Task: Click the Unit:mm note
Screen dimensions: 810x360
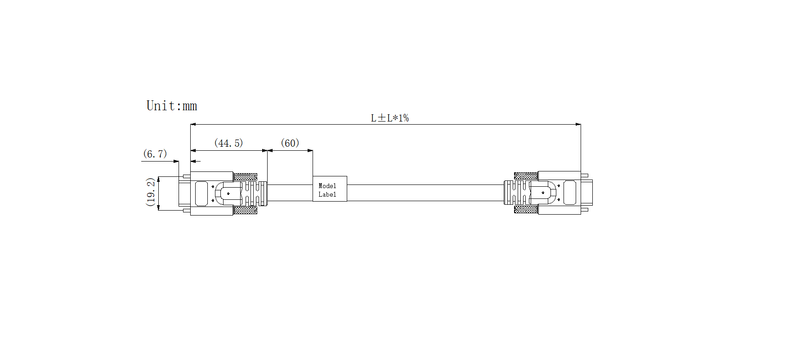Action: [x=172, y=106]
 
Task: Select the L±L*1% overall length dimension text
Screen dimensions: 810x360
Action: [x=390, y=118]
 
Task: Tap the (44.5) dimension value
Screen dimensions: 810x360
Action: [x=228, y=143]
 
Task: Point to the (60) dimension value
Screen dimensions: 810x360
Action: [x=290, y=143]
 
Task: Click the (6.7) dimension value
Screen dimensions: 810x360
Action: [x=155, y=154]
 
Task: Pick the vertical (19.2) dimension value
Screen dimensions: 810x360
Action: [x=151, y=192]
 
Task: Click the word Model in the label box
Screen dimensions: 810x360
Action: [x=327, y=186]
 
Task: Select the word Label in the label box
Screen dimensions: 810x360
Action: [x=327, y=194]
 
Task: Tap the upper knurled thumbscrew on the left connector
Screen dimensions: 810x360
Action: [x=245, y=177]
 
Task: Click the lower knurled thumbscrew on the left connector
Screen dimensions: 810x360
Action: [x=245, y=210]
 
